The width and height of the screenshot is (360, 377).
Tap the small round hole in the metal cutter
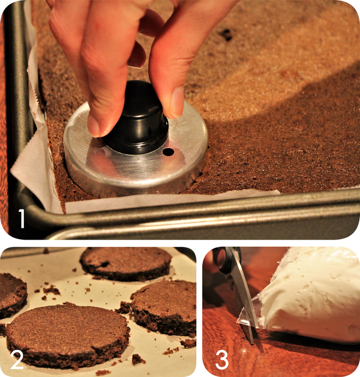tap(168, 152)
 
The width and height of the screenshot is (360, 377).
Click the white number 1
tap(21, 218)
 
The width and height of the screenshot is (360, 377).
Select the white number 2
tap(17, 360)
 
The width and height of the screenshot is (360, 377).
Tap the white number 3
tap(221, 360)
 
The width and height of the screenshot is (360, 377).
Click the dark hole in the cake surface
tap(226, 34)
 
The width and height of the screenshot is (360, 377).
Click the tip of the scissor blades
tap(252, 343)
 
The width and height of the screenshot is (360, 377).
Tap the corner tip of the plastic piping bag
tap(238, 322)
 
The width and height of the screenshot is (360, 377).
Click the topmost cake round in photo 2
tap(126, 263)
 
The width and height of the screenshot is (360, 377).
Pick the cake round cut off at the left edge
tap(12, 296)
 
